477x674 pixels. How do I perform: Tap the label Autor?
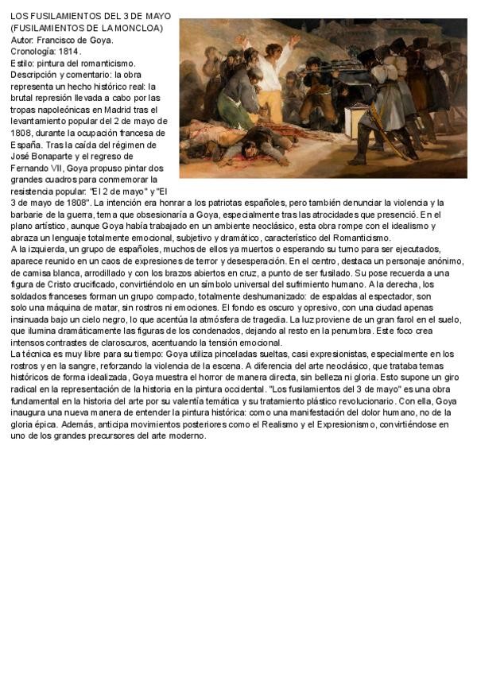coord(23,40)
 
